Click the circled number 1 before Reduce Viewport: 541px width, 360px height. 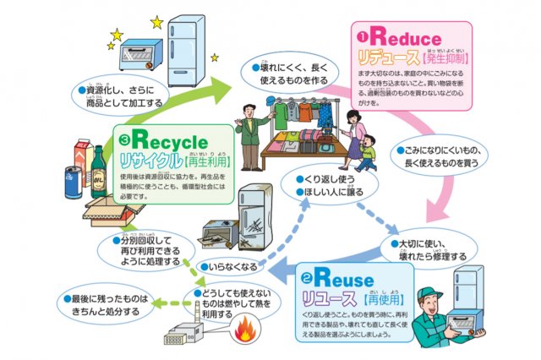tap(360, 38)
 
